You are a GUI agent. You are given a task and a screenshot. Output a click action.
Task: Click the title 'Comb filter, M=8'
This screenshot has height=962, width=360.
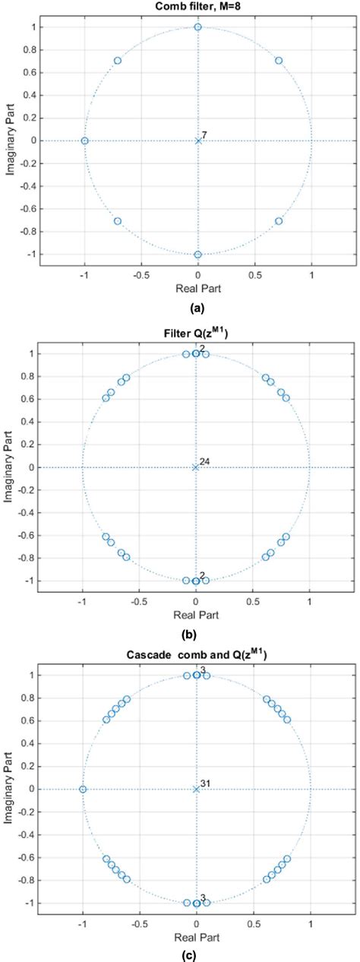(x=197, y=8)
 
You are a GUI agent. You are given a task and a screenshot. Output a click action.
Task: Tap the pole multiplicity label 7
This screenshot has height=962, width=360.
(x=204, y=134)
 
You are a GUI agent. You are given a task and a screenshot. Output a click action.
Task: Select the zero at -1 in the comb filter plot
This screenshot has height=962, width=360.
(x=84, y=141)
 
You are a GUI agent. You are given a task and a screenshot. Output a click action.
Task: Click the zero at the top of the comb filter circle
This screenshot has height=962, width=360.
(x=197, y=27)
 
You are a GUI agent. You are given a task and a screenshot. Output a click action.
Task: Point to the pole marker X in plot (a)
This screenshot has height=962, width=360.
(x=197, y=141)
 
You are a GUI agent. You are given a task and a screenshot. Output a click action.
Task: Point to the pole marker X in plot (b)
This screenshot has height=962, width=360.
(x=196, y=467)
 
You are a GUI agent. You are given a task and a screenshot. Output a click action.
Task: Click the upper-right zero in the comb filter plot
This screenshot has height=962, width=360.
(x=278, y=60)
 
